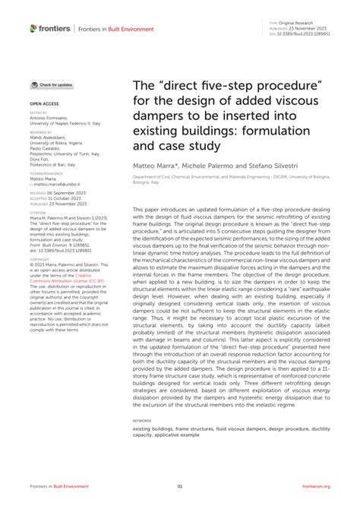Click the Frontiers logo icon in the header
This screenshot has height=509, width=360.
click(33, 28)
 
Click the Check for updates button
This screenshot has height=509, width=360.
click(52, 85)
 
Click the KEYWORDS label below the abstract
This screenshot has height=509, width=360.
click(142, 420)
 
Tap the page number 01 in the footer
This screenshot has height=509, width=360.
click(180, 486)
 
